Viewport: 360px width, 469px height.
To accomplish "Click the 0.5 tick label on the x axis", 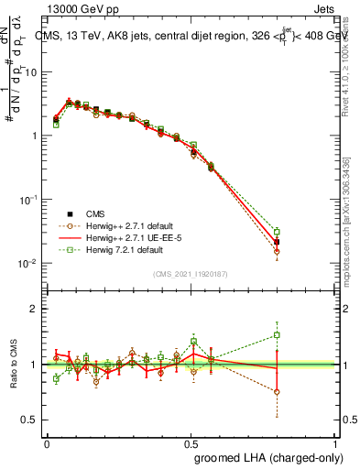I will pos(191,442).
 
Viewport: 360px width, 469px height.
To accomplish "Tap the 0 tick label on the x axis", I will pos(47,442).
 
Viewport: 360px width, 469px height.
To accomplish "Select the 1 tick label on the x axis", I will pos(336,442).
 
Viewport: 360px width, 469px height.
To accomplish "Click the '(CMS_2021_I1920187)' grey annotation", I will pos(191,273).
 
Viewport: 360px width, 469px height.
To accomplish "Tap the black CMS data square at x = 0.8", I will pos(277,242).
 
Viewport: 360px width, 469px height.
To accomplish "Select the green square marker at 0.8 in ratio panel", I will pos(277,335).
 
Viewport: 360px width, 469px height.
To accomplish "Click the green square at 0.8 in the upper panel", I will pos(277,232).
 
